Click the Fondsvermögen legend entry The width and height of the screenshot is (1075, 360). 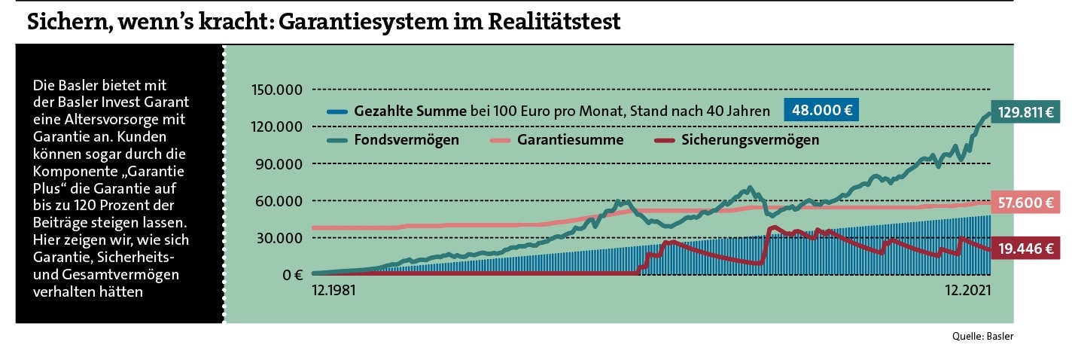click(x=407, y=140)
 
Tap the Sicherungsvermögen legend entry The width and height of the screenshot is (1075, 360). click(x=750, y=140)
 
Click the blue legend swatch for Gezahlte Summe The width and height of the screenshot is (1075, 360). click(x=337, y=111)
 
